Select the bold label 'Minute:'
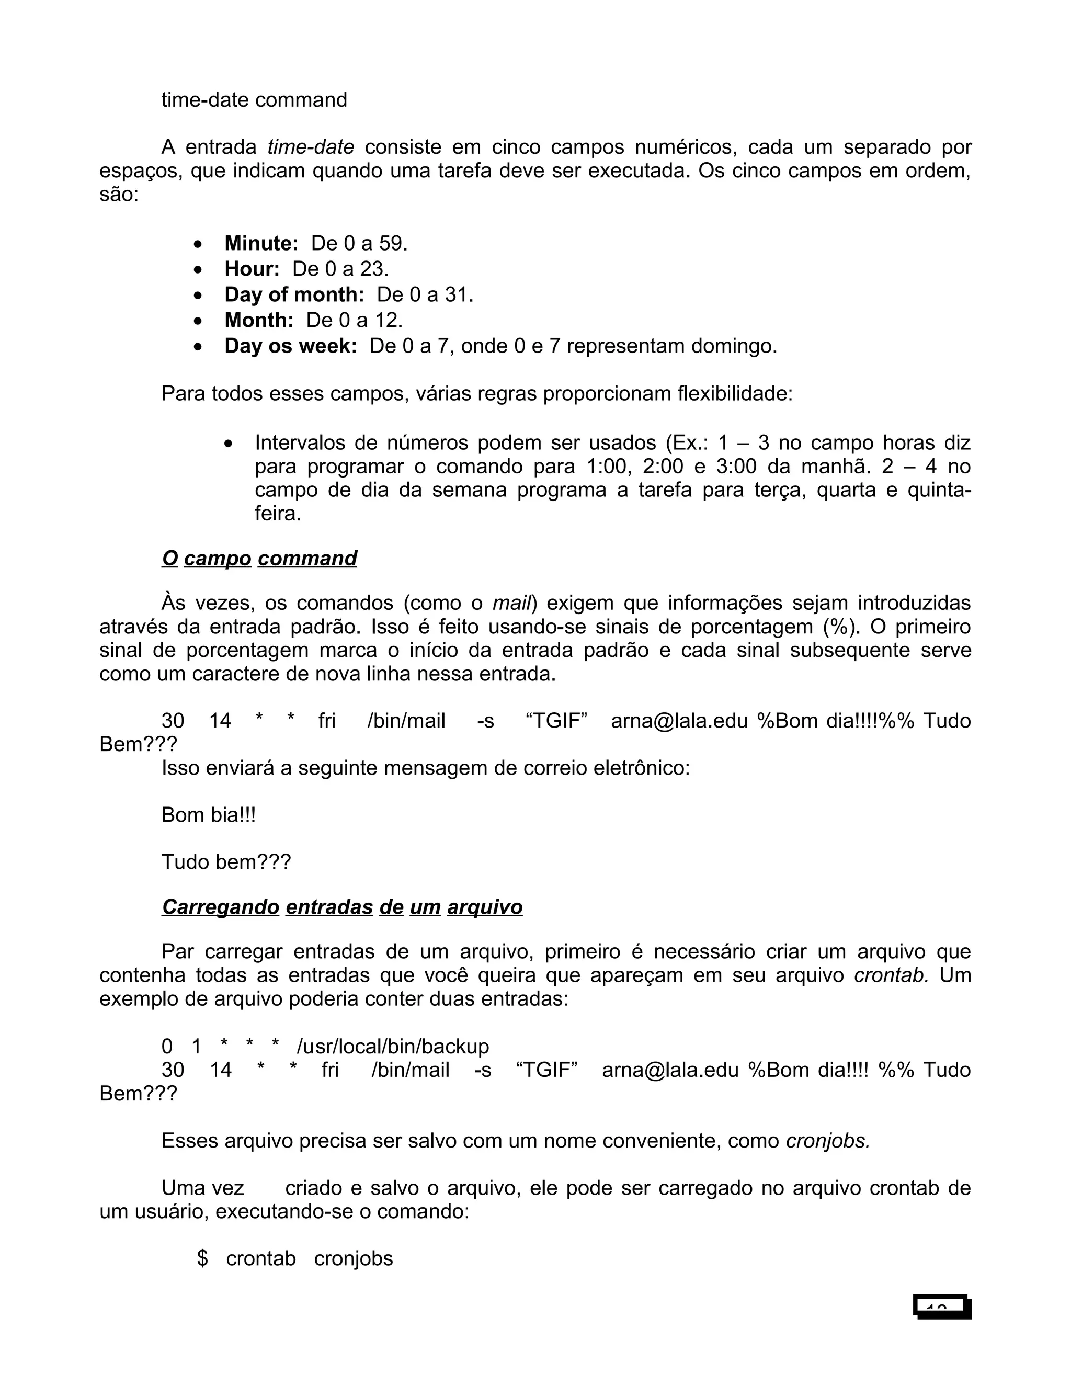tap(261, 244)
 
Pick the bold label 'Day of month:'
tap(294, 295)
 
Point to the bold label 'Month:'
tap(259, 321)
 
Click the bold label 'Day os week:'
tap(291, 346)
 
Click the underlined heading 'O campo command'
tap(259, 559)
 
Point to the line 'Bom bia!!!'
tap(208, 815)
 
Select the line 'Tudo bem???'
tap(226, 862)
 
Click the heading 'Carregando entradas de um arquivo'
tap(342, 907)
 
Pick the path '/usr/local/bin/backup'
tap(393, 1047)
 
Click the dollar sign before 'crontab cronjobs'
tap(202, 1258)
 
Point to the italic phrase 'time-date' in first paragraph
tap(310, 147)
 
